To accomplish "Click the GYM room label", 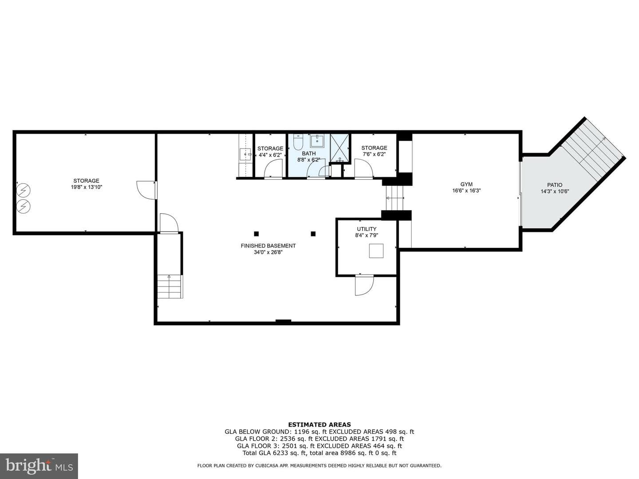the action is coord(466,184).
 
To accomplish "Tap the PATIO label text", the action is coord(555,185).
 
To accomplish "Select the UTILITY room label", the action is coord(367,229).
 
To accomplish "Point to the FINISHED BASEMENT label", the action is coord(268,246).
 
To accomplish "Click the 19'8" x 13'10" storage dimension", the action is coord(87,187).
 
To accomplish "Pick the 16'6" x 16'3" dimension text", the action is coord(466,191).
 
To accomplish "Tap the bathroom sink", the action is coord(317,141).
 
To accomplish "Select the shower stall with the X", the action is coord(340,148).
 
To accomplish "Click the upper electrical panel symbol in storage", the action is coord(23,190).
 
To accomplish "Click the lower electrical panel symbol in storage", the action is coord(23,207).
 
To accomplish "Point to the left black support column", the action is coord(256,234).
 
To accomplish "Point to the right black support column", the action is coord(313,234).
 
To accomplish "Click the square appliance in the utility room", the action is coord(376,251).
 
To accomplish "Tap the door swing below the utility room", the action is coord(364,285).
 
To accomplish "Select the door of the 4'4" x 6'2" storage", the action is coord(273,169).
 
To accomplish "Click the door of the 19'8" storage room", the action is coord(147,190).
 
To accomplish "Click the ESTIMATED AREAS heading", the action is coord(319,424).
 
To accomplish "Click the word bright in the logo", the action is coord(28,466).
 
